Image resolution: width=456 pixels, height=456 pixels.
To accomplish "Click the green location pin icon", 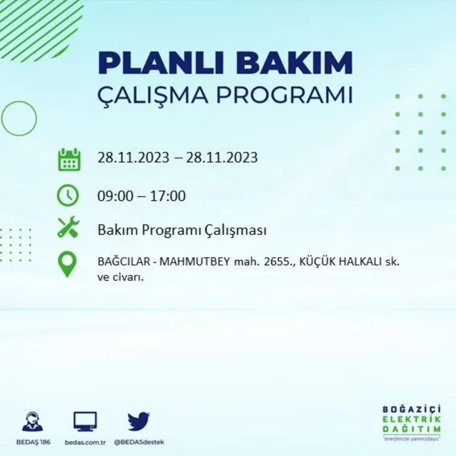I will (67, 264).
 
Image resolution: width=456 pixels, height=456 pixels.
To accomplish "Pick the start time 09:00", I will (116, 196).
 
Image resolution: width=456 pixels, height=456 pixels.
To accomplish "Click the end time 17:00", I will (168, 196).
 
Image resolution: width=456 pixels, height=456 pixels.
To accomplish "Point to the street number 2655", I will (276, 262).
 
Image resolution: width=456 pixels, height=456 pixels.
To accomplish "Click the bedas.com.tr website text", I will (85, 443).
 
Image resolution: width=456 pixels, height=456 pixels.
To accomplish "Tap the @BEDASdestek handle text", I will (139, 443).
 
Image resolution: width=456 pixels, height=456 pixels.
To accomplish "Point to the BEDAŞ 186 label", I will (33, 443).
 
